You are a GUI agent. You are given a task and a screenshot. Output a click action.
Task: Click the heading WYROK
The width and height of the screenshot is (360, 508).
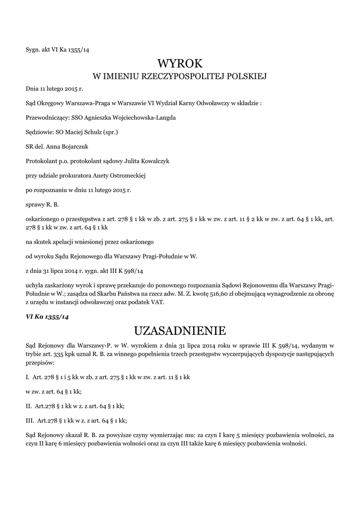180,63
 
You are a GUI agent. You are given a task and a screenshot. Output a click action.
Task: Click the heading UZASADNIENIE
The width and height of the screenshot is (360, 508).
180,330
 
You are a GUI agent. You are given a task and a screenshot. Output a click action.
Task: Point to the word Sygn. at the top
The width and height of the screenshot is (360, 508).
34,49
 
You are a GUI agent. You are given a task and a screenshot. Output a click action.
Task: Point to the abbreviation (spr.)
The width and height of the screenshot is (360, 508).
110,132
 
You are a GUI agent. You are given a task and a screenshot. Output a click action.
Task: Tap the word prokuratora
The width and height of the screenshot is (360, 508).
83,175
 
